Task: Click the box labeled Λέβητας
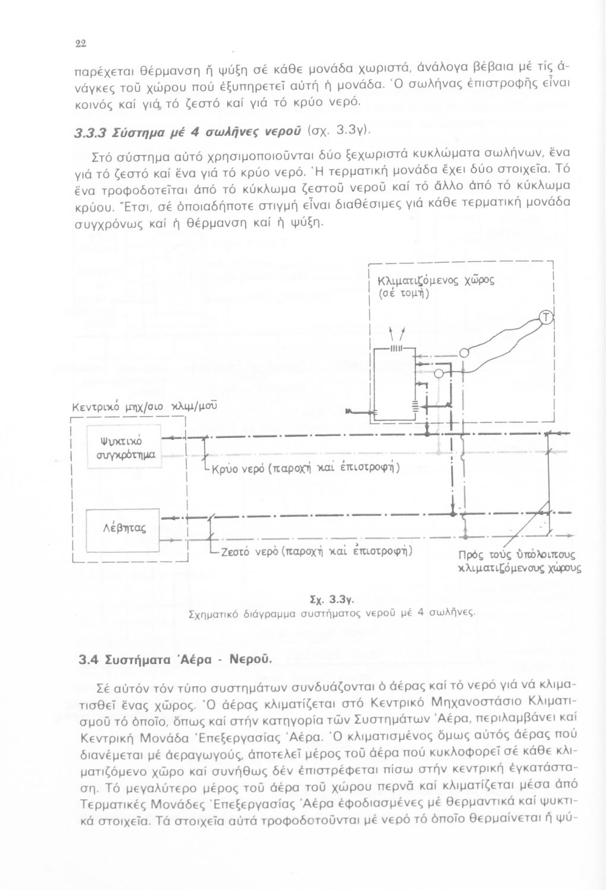(x=123, y=524)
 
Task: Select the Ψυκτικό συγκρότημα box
(x=124, y=448)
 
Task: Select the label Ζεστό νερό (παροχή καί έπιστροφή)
(x=314, y=550)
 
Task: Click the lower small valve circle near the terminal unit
(x=439, y=373)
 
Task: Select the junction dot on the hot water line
(x=453, y=511)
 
